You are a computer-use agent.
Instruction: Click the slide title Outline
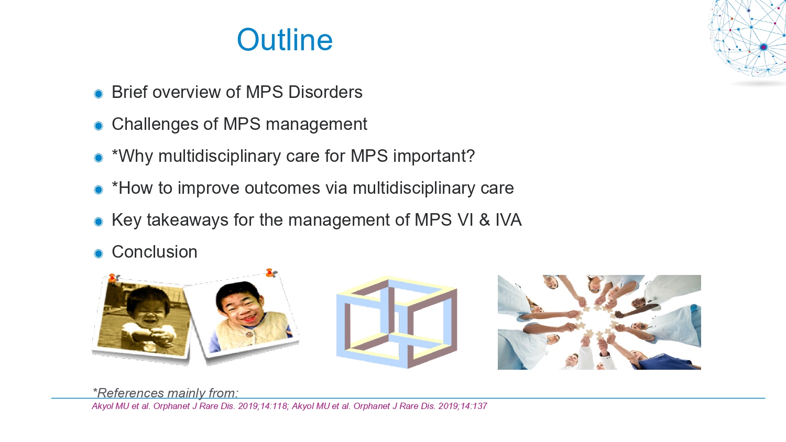tap(285, 40)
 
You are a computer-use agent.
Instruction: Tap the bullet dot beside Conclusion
tap(99, 253)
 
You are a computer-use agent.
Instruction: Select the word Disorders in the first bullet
tap(325, 92)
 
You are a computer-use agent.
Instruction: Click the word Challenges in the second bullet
tap(155, 125)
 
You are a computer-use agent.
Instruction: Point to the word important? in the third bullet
tap(434, 157)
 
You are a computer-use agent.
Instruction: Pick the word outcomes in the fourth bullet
tap(282, 188)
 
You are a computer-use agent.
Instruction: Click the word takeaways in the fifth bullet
tap(188, 220)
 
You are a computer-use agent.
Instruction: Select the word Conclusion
tap(155, 252)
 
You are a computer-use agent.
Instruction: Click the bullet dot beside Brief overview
tap(99, 94)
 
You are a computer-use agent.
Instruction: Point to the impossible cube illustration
tap(397, 322)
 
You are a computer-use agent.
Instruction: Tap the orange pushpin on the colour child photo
tap(270, 272)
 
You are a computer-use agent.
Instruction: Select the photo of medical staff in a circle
tap(599, 322)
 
